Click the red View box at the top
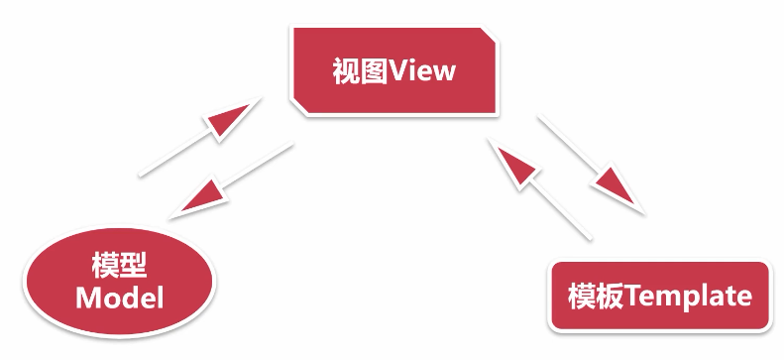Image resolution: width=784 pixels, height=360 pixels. [393, 71]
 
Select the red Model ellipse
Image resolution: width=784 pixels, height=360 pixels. [118, 282]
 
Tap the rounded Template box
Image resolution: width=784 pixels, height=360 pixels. [659, 296]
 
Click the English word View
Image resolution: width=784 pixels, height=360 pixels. [423, 71]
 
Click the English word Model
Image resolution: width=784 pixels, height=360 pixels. [118, 298]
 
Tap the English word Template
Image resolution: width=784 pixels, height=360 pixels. [689, 297]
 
